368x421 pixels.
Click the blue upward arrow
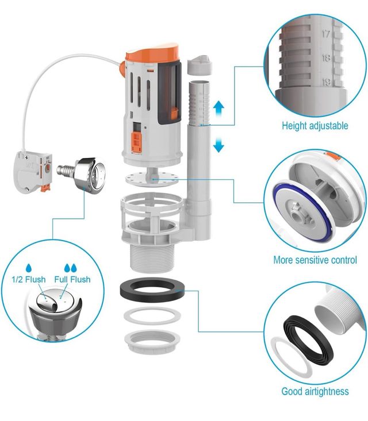click(218, 108)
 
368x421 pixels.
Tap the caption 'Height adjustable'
click(315, 126)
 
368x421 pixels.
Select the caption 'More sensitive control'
click(315, 260)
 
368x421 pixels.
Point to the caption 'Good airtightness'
click(315, 391)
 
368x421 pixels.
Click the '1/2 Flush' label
click(29, 280)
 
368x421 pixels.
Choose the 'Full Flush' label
click(72, 280)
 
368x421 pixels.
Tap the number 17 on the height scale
click(326, 34)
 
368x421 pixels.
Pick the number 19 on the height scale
click(327, 82)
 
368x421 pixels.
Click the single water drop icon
click(29, 268)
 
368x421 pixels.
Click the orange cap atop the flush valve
click(152, 54)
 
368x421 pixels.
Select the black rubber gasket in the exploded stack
click(152, 289)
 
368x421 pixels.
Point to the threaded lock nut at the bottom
click(152, 341)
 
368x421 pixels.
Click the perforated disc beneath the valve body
click(152, 179)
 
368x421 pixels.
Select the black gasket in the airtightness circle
click(308, 340)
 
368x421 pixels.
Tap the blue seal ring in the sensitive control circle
click(303, 203)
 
